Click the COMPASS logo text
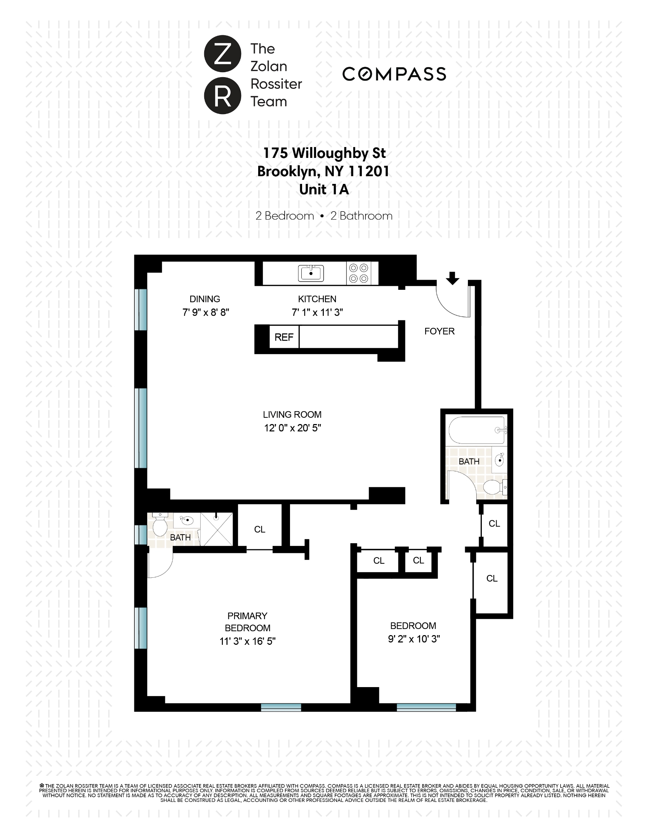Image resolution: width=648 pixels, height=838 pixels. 394,74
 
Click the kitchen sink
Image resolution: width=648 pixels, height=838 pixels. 311,273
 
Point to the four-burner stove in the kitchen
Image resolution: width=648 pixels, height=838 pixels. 358,273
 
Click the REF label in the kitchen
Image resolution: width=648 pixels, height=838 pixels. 284,338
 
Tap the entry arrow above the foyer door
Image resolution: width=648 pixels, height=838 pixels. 452,278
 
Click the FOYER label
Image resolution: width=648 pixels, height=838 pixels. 439,331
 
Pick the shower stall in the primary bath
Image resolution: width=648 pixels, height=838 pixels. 217,529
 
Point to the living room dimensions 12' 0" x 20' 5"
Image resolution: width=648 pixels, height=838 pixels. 292,428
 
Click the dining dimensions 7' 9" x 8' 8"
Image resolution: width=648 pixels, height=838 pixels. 206,312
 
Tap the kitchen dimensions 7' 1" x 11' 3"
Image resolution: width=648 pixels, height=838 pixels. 317,312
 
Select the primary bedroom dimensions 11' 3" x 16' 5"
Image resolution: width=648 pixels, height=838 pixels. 247,641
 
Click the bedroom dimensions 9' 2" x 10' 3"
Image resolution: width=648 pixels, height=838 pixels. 413,639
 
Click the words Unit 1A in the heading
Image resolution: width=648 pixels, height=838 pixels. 324,190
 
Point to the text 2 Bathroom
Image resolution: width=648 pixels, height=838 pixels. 361,216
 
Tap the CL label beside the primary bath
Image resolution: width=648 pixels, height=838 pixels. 259,529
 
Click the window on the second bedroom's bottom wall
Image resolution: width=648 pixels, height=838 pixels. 426,707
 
